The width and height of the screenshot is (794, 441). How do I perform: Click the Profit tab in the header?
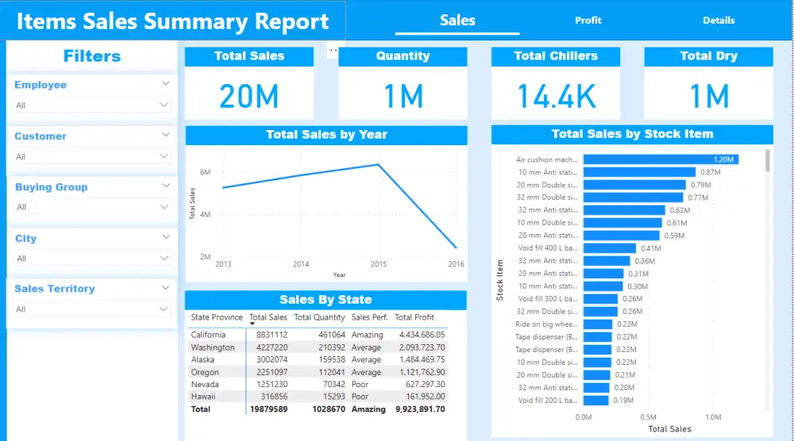[x=588, y=21]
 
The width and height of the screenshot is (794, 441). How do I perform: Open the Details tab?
[x=719, y=21]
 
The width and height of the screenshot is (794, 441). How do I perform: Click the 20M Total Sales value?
[x=249, y=96]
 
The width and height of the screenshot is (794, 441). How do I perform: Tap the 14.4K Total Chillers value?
[x=556, y=96]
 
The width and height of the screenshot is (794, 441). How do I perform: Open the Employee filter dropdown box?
[x=92, y=105]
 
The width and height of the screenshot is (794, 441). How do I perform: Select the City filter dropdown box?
[x=92, y=258]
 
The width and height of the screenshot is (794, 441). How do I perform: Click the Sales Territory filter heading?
[x=54, y=289]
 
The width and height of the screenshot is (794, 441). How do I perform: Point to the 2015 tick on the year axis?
[x=379, y=264]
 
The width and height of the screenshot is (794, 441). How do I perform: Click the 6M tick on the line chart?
[x=205, y=172]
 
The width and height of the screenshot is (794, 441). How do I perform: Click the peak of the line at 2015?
[x=378, y=165]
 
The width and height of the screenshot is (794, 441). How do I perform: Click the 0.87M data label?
[x=710, y=172]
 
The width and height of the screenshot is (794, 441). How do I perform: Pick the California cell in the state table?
[x=209, y=335]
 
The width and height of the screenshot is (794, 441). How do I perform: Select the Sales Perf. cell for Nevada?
[x=360, y=384]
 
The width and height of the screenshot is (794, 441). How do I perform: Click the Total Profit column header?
[x=414, y=317]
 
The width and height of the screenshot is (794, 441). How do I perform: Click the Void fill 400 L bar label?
[x=547, y=248]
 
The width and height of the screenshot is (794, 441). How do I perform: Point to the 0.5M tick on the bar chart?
[x=649, y=417]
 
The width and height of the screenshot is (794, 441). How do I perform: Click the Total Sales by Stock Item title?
[x=632, y=134]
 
